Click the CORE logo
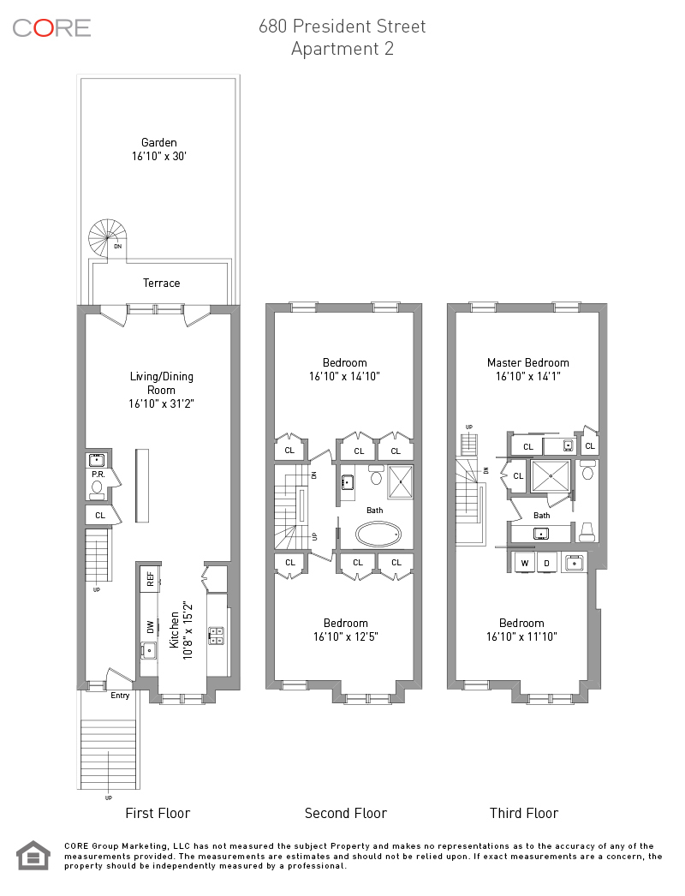[x=51, y=28]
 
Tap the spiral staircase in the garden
[x=107, y=238]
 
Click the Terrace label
[x=161, y=283]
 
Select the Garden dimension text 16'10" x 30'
[x=158, y=156]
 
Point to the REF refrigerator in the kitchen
[x=150, y=579]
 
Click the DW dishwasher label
[x=150, y=627]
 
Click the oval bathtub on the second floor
[x=378, y=535]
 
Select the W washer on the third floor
[x=525, y=563]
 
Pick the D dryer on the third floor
[x=546, y=563]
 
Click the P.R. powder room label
[x=98, y=475]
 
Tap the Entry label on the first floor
[x=120, y=696]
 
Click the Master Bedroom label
[x=528, y=362]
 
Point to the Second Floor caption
[x=346, y=813]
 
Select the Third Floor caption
[x=524, y=813]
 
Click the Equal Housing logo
[x=33, y=856]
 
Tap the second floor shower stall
[x=401, y=481]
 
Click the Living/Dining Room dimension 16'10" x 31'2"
[x=161, y=403]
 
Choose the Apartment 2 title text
[x=342, y=49]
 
